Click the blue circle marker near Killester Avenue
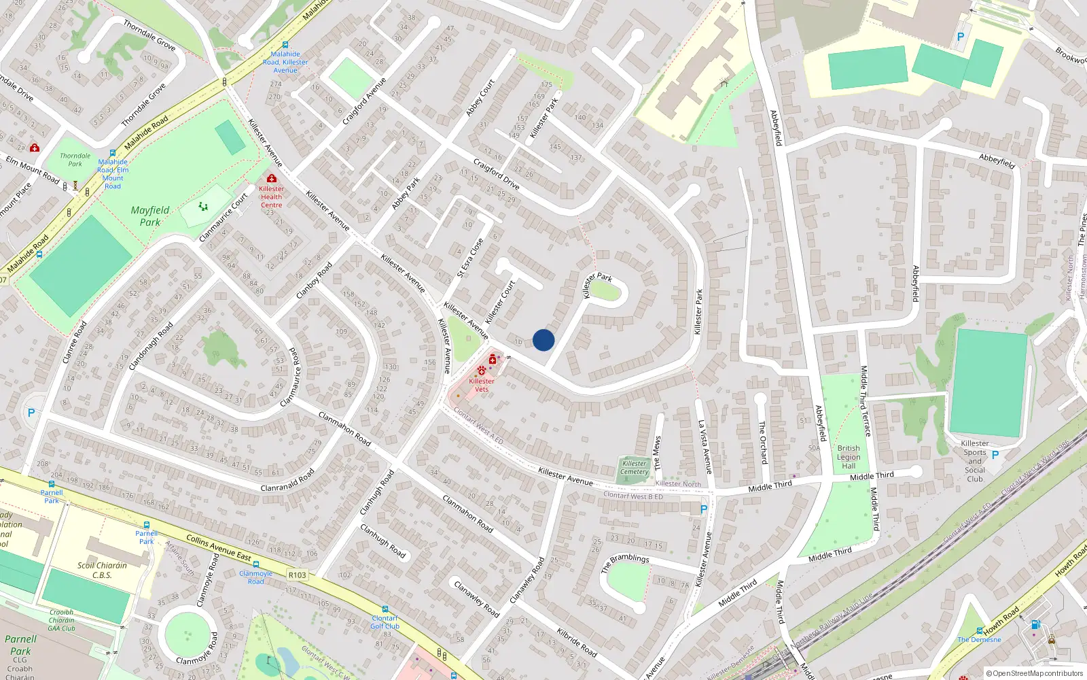point(543,340)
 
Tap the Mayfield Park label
point(150,216)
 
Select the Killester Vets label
point(482,385)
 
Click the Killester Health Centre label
point(271,197)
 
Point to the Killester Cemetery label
point(634,468)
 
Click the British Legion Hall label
point(849,457)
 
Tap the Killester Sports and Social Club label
point(975,461)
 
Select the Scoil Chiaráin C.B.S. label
point(102,570)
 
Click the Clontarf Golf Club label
point(385,622)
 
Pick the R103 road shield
point(297,575)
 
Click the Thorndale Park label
point(75,160)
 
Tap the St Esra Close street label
point(470,258)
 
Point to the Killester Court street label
point(501,303)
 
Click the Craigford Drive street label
point(496,175)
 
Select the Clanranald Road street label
point(287,479)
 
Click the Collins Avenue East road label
point(219,548)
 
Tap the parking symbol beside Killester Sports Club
point(995,455)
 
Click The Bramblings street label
point(625,562)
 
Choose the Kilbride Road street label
point(577,643)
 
